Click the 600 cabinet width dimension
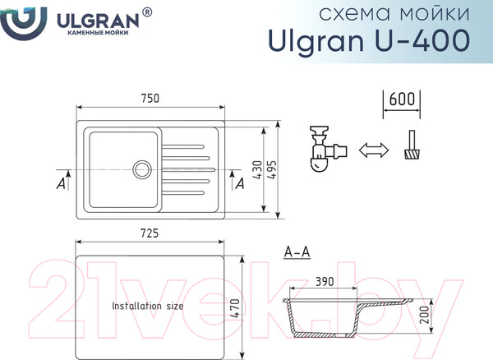[x=401, y=99]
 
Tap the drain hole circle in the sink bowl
[x=141, y=170]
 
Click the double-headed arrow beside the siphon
[x=373, y=150]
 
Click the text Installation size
[x=148, y=305]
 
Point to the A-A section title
[x=296, y=252]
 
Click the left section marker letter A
[x=60, y=185]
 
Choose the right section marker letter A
[x=239, y=184]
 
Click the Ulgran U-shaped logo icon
[x=17, y=21]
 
